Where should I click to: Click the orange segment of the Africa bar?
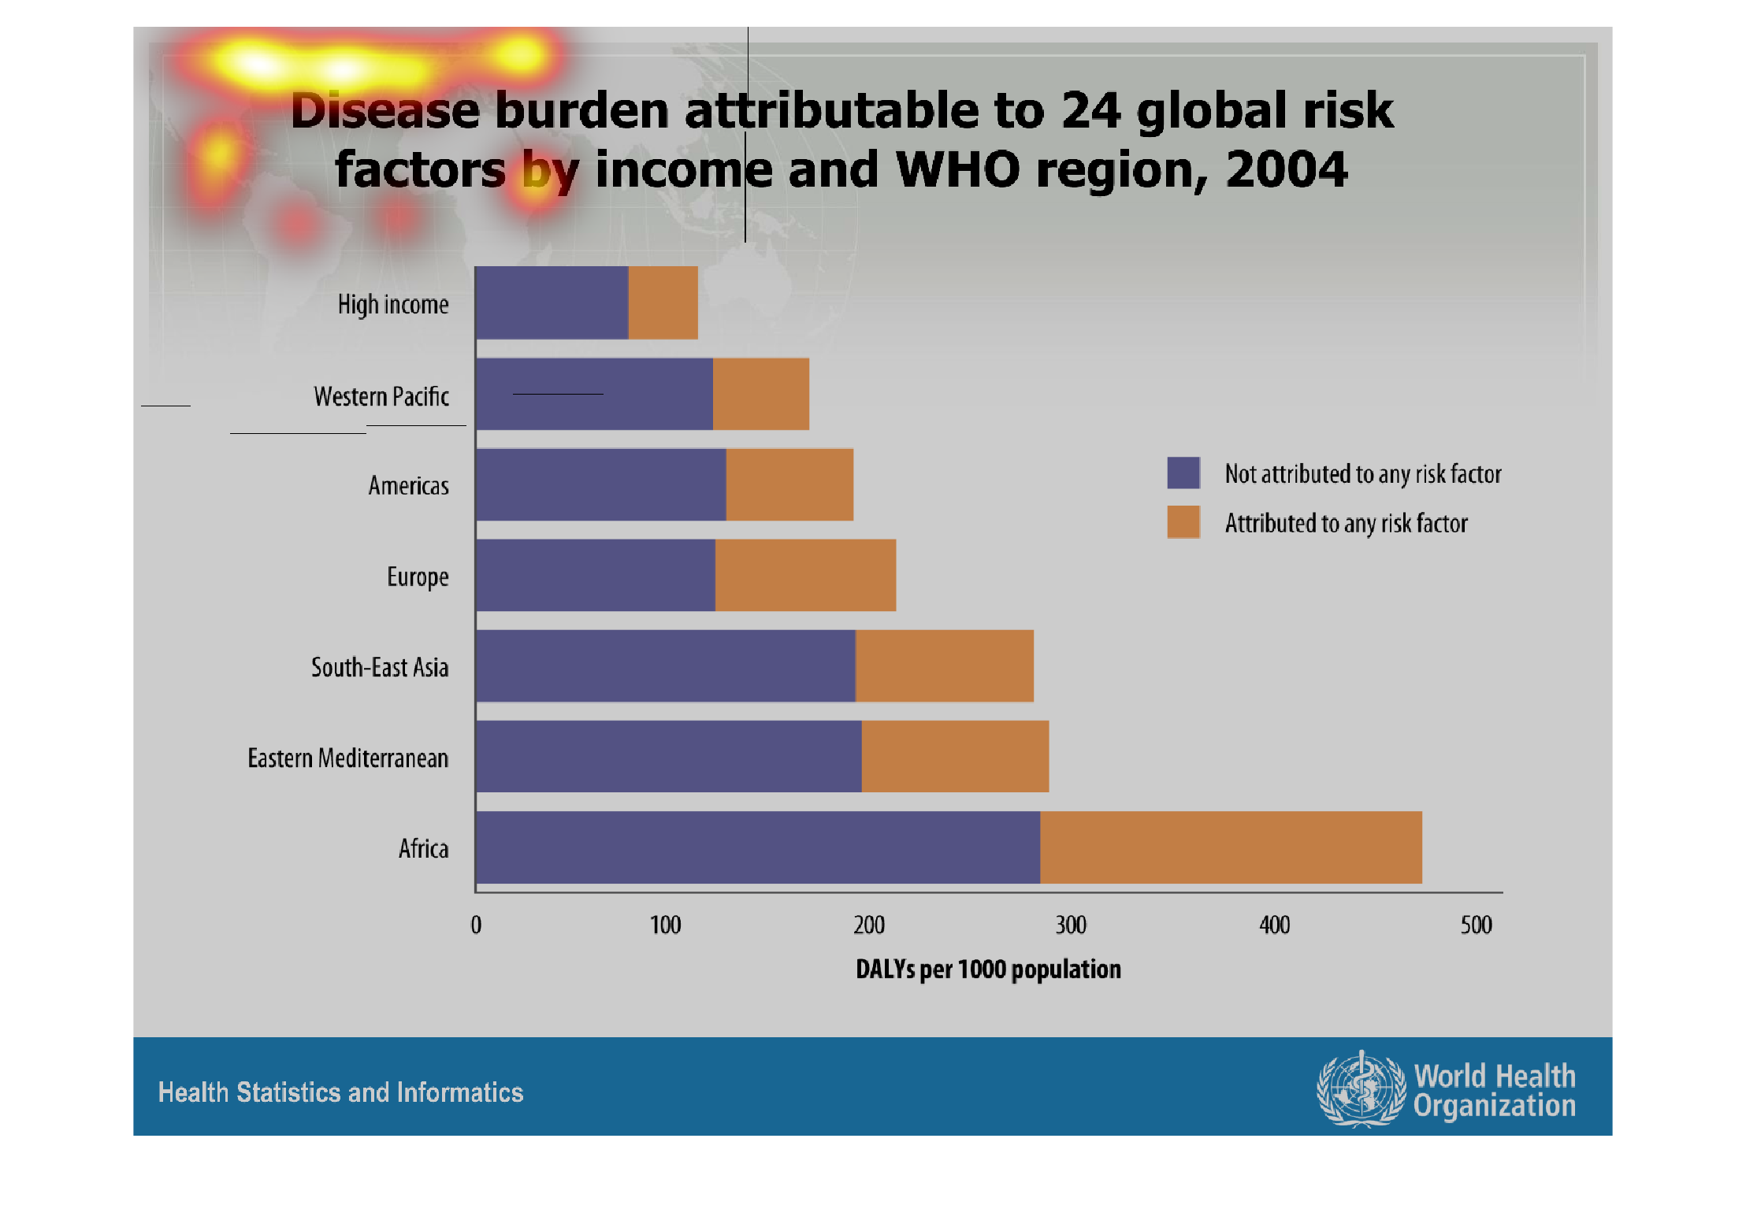1231,847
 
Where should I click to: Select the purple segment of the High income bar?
552,303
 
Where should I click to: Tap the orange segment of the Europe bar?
805,575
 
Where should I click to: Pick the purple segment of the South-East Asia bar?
666,666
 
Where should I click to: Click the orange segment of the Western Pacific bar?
760,394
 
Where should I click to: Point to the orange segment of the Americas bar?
789,484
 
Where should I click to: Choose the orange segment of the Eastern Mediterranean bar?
955,756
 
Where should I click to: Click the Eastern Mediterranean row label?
348,758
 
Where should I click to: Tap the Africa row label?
423,848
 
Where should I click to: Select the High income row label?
393,304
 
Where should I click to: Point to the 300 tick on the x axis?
1071,925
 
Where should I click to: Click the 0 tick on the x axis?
476,925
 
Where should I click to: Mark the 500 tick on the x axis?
1476,925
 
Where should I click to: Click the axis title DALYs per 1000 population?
988,969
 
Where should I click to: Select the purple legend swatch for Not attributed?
1183,473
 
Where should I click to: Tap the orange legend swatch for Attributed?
1183,522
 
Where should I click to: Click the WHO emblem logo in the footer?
1362,1089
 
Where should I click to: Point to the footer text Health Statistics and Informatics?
340,1092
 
